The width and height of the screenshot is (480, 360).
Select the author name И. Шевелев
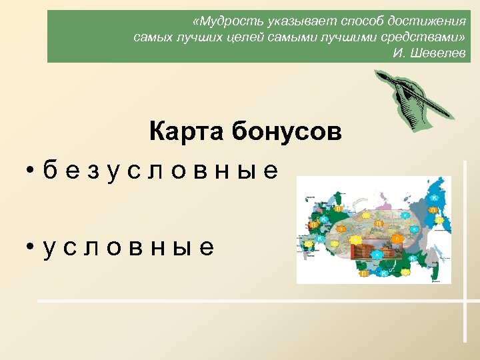point(429,53)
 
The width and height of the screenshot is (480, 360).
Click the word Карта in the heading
point(187,131)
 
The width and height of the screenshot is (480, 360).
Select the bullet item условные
point(128,247)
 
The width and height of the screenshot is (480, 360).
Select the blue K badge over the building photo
point(377,254)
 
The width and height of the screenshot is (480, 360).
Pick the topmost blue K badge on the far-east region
point(434,197)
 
